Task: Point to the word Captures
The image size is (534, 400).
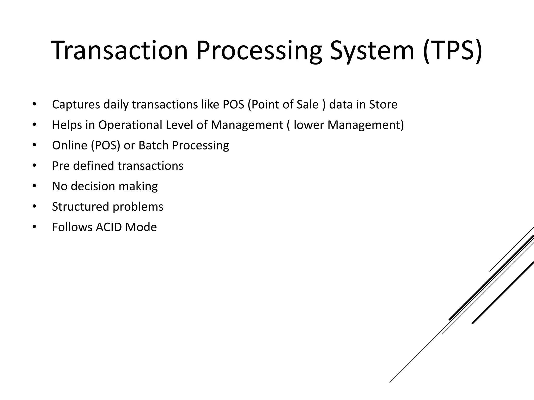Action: click(76, 105)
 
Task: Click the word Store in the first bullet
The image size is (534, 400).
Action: click(383, 105)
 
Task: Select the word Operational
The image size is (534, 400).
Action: click(130, 125)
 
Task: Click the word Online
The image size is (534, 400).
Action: click(70, 145)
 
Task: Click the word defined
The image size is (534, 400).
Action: click(94, 166)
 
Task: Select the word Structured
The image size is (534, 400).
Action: click(81, 207)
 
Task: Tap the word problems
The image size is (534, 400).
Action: click(138, 207)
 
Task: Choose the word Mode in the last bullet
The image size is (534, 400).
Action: click(141, 227)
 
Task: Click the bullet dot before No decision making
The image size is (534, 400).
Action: click(34, 186)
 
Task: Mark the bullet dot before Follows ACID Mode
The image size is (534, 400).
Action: click(34, 227)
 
